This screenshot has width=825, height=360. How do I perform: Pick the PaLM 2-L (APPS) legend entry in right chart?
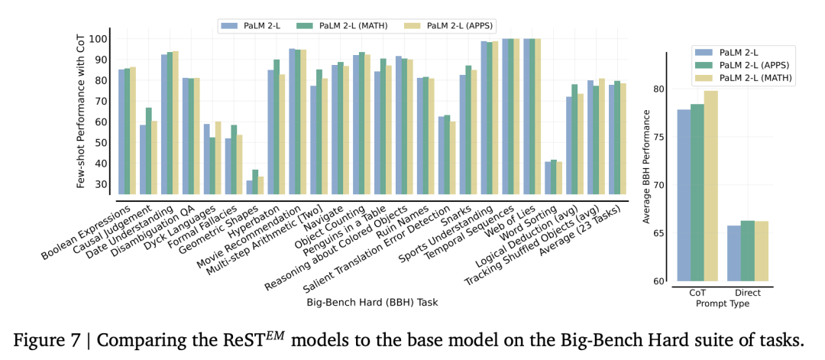click(741, 65)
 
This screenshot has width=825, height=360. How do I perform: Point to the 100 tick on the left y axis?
click(98, 39)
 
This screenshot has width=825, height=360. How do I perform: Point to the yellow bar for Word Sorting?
click(558, 178)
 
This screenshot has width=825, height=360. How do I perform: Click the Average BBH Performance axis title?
click(648, 167)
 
